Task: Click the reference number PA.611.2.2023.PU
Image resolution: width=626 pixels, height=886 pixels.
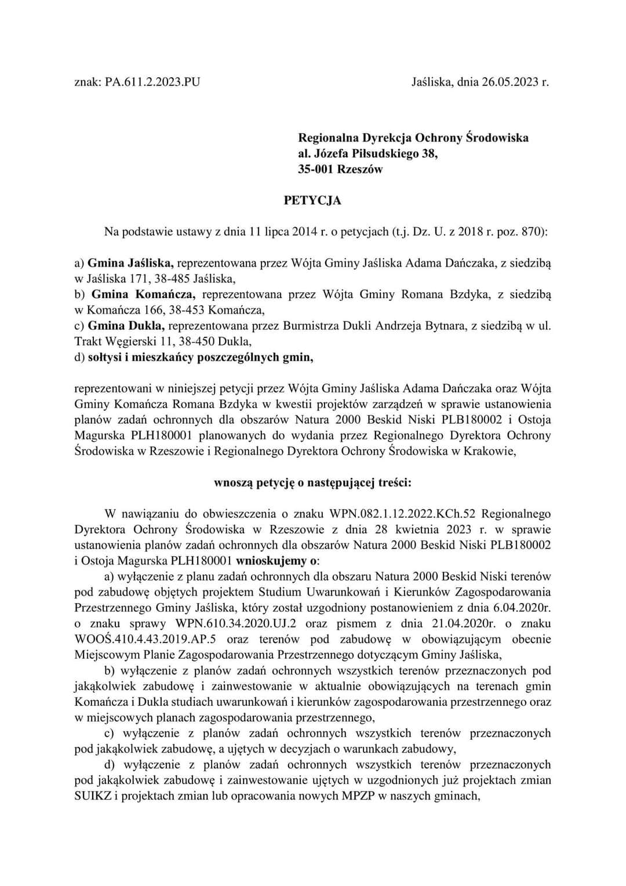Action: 152,82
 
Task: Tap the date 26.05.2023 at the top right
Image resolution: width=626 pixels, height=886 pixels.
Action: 511,82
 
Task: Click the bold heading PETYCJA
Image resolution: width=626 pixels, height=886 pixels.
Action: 312,201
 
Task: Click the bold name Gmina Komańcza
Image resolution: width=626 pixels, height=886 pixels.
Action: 143,294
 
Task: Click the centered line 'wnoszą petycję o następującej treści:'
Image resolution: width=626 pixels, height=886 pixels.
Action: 312,482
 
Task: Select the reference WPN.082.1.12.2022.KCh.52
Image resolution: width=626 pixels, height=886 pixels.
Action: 402,514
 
